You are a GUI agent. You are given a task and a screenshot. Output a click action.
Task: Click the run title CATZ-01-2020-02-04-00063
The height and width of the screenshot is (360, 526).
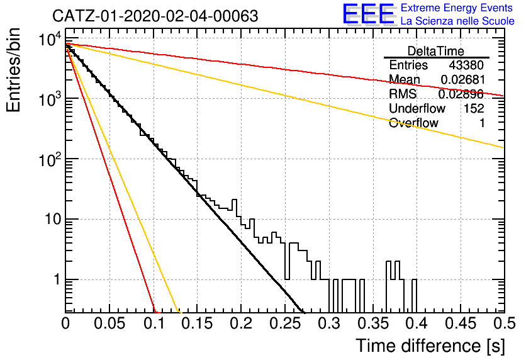pos(155,16)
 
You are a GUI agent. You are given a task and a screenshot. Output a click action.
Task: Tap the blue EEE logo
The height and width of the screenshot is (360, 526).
pos(369,14)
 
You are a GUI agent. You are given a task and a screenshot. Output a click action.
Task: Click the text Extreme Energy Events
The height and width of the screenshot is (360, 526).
pos(457,8)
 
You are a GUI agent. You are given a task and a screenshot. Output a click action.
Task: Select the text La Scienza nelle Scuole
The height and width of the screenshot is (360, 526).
pos(457,21)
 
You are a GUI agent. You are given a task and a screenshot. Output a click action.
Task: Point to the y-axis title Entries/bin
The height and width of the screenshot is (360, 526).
pos(13,70)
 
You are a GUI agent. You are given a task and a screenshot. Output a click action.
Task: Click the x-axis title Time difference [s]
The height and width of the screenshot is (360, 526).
pos(430,346)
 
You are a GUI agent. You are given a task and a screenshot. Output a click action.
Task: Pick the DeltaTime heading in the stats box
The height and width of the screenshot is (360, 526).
pos(436,51)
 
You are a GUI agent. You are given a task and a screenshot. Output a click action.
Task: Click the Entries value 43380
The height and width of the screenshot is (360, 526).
pos(466,65)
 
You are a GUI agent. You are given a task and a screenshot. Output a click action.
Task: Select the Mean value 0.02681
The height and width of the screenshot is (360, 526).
pos(462,79)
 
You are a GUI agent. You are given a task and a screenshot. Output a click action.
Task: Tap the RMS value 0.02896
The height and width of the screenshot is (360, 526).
pos(461,94)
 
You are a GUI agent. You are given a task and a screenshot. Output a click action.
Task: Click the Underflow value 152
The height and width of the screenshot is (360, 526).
pos(474,108)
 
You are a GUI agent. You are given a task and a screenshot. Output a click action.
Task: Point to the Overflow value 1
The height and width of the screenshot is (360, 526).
pos(482,123)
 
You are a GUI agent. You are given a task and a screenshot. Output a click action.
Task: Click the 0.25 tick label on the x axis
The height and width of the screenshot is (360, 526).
pos(286,323)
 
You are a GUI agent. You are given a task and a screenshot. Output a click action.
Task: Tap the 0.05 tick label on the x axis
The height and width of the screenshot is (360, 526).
pos(109,323)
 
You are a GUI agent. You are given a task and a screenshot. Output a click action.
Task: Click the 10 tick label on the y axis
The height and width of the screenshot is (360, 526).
pos(53,220)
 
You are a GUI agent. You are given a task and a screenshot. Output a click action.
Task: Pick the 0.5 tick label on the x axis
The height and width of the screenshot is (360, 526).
pos(504,323)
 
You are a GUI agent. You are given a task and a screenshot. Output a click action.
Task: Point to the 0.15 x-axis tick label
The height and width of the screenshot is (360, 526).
pos(198,323)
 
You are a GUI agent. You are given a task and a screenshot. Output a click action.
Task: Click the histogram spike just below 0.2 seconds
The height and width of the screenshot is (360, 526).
pos(235,205)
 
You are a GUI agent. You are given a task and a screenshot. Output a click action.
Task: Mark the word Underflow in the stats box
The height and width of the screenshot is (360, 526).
pos(417,108)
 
